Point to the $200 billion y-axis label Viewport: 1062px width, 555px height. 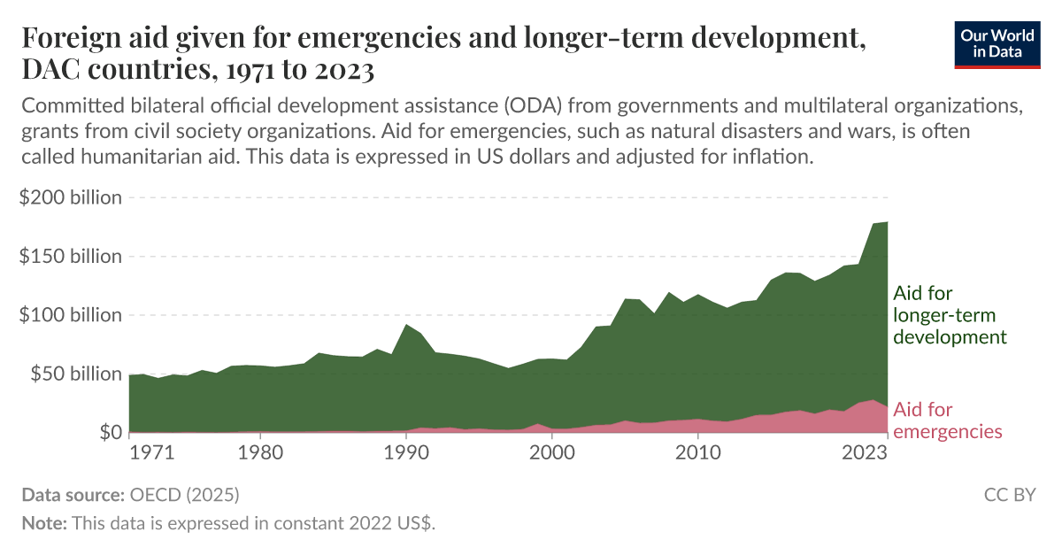70,197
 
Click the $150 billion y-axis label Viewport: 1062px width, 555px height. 70,257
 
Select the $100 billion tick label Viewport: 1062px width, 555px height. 70,315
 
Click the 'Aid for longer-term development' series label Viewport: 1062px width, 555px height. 950,315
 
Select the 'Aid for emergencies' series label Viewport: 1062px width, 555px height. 947,420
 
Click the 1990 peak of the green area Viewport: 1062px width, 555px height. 406,325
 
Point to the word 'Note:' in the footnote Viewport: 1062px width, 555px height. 44,523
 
